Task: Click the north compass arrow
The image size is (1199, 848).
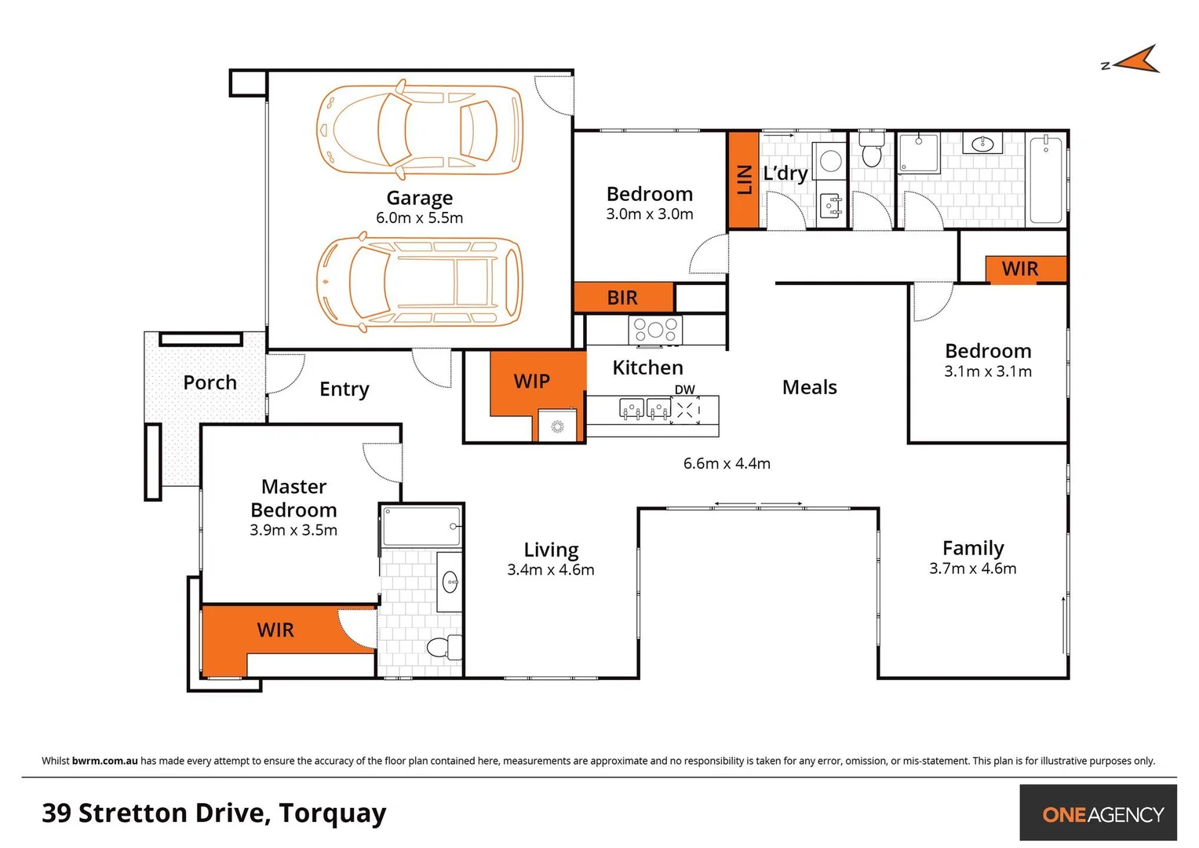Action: click(1135, 60)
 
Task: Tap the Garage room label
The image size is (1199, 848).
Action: click(419, 198)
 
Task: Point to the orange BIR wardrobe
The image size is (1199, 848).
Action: click(623, 298)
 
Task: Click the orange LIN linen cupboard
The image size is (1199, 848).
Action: click(744, 180)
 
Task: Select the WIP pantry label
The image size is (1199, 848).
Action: click(531, 382)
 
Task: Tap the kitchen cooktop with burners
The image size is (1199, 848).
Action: click(655, 329)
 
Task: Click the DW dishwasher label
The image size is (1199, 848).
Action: click(684, 389)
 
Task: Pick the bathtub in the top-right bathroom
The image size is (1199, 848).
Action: click(1045, 180)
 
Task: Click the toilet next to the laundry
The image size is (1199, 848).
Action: click(871, 149)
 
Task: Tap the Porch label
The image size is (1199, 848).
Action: click(210, 382)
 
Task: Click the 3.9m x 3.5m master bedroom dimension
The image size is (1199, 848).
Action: click(293, 530)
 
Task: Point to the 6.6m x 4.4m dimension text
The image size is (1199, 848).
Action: click(727, 463)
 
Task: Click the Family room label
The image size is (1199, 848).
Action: click(972, 548)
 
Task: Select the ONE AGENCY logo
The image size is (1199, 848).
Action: click(1102, 814)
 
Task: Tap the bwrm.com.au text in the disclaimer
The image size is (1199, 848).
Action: click(104, 761)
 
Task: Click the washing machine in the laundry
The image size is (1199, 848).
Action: click(830, 163)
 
